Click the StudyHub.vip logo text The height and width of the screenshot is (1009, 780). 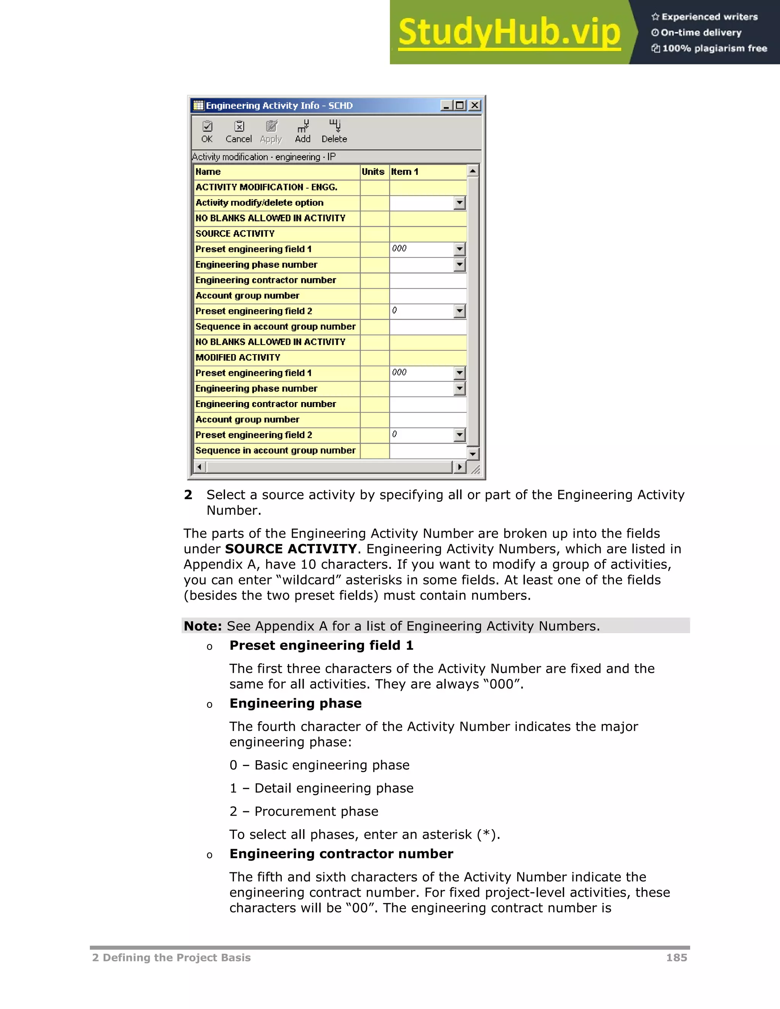pyautogui.click(x=509, y=32)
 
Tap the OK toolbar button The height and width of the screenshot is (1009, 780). pyautogui.click(x=207, y=132)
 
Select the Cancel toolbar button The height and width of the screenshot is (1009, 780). pyautogui.click(x=238, y=132)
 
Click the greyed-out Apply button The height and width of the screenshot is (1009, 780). pyautogui.click(x=271, y=132)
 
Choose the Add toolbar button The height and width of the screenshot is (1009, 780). pyautogui.click(x=303, y=132)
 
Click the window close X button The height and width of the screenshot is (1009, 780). pyautogui.click(x=475, y=105)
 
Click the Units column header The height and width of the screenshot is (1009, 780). pyautogui.click(x=373, y=172)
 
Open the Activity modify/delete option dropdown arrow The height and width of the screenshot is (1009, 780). pyautogui.click(x=459, y=203)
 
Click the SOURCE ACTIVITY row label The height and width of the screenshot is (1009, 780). pyautogui.click(x=235, y=234)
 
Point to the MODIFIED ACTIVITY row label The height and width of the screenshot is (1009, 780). pyautogui.click(x=238, y=358)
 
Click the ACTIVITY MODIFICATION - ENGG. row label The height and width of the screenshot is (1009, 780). pyautogui.click(x=267, y=187)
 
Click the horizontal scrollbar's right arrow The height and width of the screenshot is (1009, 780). pyautogui.click(x=459, y=467)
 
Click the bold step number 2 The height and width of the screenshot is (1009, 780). pyautogui.click(x=188, y=495)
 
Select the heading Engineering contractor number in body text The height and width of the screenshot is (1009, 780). pyautogui.click(x=341, y=854)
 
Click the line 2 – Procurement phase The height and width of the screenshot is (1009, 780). pyautogui.click(x=304, y=811)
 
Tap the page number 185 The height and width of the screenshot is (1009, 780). pyautogui.click(x=676, y=958)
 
